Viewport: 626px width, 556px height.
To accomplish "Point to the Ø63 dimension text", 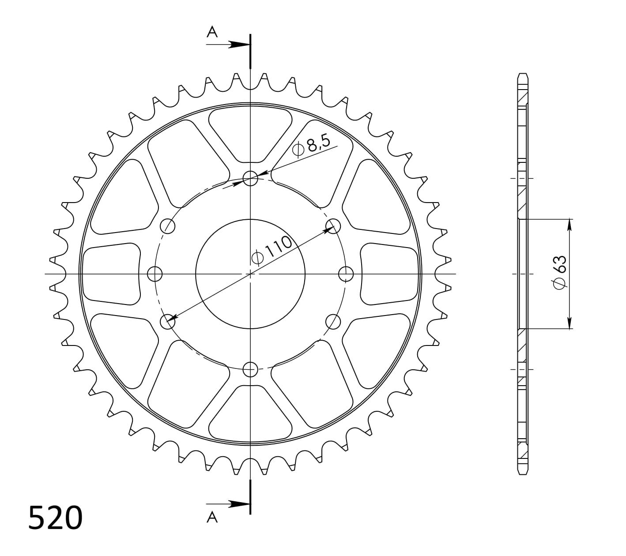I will tap(559, 273).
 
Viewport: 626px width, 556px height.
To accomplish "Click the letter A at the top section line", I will tap(212, 32).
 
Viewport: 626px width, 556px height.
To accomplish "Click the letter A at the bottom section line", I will tap(212, 517).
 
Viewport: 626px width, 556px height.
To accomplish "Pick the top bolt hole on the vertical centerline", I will tap(250, 179).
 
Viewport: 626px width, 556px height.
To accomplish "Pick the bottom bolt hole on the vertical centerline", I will tap(250, 368).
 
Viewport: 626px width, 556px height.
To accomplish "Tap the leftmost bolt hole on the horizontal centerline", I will tap(155, 274).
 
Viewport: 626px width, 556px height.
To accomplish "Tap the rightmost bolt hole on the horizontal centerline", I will tap(346, 274).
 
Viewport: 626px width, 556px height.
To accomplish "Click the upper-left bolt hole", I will tap(167, 226).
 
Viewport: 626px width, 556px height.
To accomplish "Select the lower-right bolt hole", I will tap(333, 322).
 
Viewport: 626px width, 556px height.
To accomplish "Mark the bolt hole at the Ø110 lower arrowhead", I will tap(167, 322).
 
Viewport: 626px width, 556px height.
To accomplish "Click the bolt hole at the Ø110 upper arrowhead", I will tap(333, 226).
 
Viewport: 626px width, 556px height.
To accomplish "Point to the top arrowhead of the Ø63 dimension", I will tap(569, 224).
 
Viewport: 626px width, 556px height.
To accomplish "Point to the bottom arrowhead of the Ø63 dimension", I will tap(569, 323).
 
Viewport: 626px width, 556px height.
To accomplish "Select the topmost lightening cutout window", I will tap(250, 132).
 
